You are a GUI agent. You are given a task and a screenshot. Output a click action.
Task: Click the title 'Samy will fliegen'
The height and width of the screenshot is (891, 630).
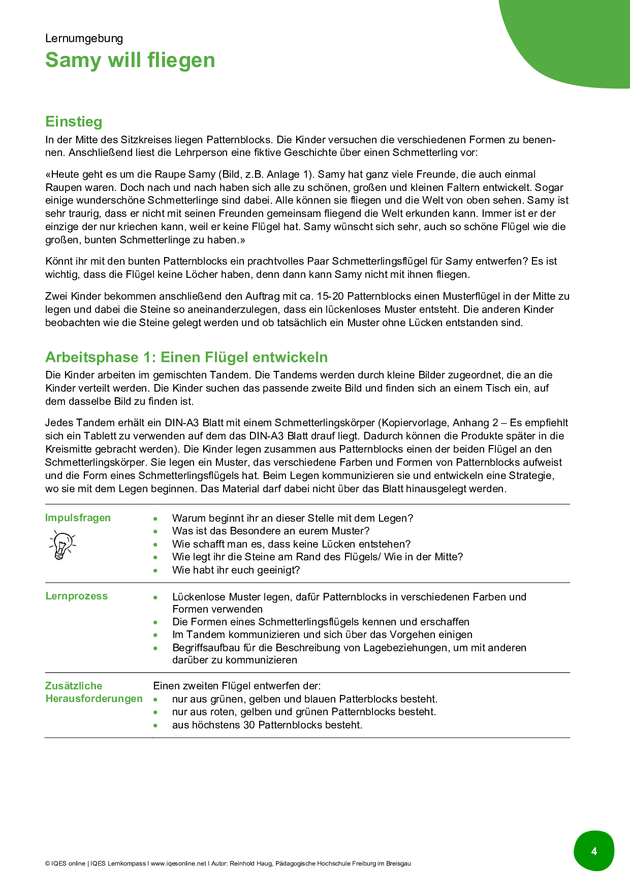pyautogui.click(x=130, y=60)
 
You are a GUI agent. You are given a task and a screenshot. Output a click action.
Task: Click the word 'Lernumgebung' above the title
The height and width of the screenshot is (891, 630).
pyautogui.click(x=84, y=38)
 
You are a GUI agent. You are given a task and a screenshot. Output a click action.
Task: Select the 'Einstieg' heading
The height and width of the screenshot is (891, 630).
pyautogui.click(x=74, y=121)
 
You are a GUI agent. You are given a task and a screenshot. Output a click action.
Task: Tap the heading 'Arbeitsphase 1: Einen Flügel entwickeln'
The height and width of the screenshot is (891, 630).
pyautogui.click(x=186, y=357)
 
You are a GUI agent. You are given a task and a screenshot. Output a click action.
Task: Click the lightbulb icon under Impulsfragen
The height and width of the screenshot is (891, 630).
pyautogui.click(x=62, y=545)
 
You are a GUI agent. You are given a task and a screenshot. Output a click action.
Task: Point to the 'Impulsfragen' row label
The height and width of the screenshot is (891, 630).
pyautogui.click(x=78, y=518)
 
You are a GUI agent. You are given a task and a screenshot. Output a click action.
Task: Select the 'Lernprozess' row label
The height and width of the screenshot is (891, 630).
pyautogui.click(x=76, y=596)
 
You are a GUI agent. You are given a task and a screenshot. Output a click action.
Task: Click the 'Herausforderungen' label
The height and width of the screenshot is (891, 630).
pyautogui.click(x=94, y=698)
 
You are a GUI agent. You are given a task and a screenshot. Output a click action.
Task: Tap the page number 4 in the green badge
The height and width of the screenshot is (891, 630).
pyautogui.click(x=594, y=851)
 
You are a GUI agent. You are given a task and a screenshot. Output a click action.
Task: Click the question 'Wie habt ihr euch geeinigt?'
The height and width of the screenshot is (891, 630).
pyautogui.click(x=236, y=570)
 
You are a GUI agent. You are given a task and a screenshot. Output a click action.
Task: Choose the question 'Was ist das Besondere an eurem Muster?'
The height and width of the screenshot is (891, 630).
pyautogui.click(x=271, y=531)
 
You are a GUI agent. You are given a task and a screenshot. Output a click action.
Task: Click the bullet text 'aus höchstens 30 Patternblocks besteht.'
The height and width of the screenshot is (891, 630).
pyautogui.click(x=267, y=725)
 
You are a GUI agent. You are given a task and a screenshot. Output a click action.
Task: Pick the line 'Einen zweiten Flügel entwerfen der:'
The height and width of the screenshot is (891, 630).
pyautogui.click(x=237, y=686)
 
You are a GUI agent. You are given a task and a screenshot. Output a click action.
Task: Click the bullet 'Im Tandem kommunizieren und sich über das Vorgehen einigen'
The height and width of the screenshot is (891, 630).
pyautogui.click(x=322, y=634)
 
